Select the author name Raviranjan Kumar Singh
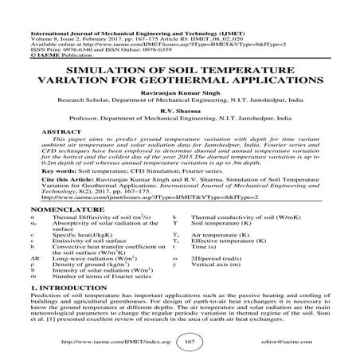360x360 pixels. pyautogui.click(x=179, y=93)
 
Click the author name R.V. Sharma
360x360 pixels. pyautogui.click(x=179, y=112)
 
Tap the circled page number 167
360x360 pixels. pyautogui.click(x=180, y=341)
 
